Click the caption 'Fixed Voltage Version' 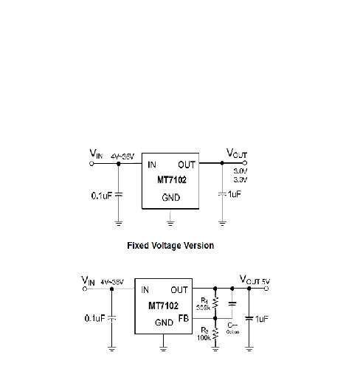click(x=170, y=245)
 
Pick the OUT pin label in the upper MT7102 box click(x=187, y=165)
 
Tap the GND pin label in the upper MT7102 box click(x=170, y=199)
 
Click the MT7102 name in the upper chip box click(x=170, y=180)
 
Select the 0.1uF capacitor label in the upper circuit click(x=102, y=196)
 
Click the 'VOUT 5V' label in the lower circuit click(x=255, y=280)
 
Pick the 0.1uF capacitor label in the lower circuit click(x=94, y=318)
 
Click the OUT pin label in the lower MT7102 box click(x=179, y=290)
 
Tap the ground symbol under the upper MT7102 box click(x=170, y=219)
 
